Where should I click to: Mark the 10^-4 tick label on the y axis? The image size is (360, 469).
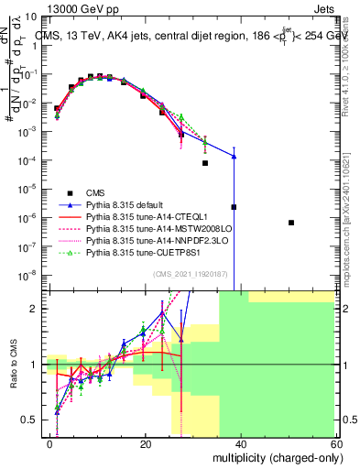click(28, 160)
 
